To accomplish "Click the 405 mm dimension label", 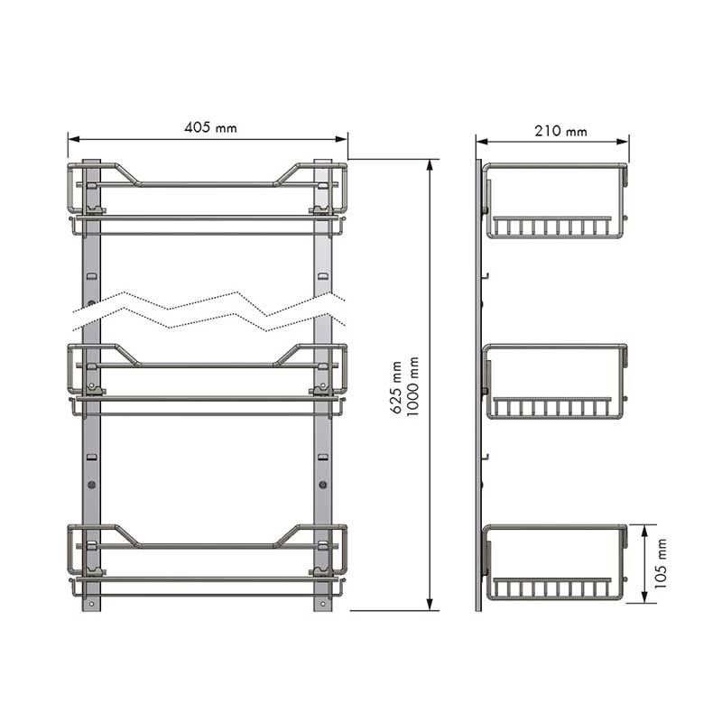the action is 210,127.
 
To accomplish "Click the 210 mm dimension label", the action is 560,131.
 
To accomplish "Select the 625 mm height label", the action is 396,387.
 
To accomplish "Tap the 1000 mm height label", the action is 412,387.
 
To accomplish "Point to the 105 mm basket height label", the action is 661,563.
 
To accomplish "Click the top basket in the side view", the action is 556,200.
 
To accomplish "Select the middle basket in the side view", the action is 556,382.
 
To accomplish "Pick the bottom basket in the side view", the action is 556,562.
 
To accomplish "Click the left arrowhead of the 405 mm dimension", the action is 74,139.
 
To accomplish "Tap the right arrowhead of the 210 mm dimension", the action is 623,142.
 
